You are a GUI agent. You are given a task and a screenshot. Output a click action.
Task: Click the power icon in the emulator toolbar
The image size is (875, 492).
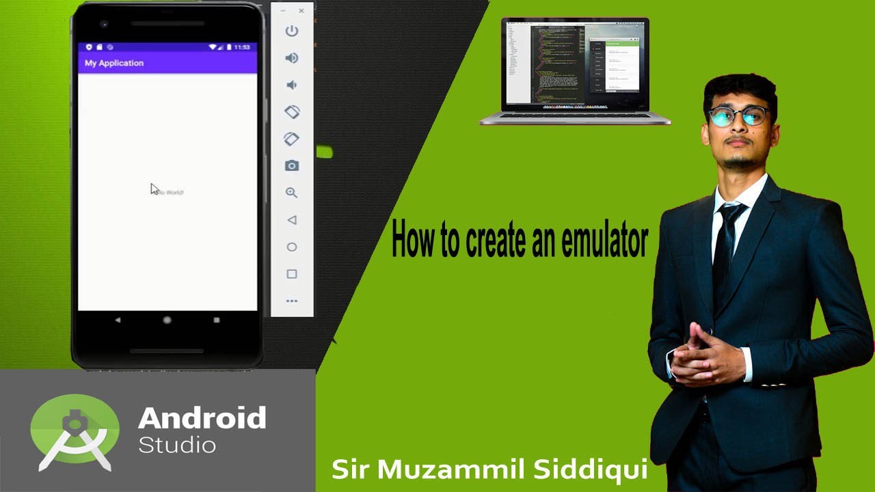click(x=292, y=31)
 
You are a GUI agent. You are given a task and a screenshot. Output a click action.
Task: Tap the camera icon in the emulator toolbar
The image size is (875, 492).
click(x=292, y=165)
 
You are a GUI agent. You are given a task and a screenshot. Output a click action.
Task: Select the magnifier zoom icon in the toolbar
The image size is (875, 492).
click(x=292, y=193)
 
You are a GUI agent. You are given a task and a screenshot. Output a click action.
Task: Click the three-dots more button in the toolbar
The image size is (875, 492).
click(x=292, y=301)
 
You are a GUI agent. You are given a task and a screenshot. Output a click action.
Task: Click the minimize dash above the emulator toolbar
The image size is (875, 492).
click(x=284, y=11)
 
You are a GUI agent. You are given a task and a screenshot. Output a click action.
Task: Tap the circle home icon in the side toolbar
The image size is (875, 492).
click(x=292, y=247)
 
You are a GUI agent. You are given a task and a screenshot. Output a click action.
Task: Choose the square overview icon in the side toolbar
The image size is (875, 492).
click(x=292, y=274)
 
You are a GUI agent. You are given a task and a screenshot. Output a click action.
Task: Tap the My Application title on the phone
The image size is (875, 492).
click(x=114, y=63)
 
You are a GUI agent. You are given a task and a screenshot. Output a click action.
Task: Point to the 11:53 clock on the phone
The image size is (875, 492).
click(x=242, y=47)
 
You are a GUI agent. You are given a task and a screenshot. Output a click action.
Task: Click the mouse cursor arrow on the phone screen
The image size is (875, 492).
click(x=154, y=189)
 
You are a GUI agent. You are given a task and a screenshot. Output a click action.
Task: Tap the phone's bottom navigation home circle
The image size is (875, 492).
click(x=167, y=320)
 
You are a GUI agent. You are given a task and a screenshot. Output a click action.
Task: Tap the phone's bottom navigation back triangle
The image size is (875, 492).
click(x=118, y=320)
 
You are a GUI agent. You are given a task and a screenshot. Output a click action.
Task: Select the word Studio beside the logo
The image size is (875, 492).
click(x=177, y=446)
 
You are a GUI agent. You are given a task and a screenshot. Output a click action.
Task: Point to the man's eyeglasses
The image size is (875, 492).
click(x=740, y=116)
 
